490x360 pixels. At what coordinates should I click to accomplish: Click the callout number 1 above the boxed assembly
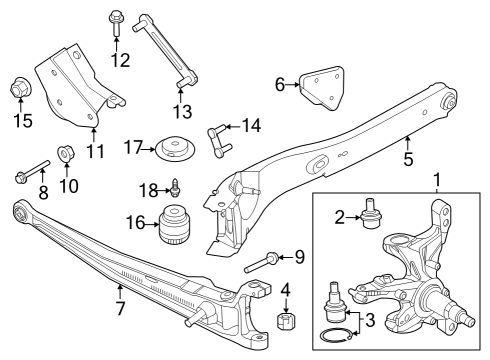point(436,180)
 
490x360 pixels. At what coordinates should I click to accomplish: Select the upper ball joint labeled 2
point(375,212)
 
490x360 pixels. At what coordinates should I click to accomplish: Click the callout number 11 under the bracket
point(95,152)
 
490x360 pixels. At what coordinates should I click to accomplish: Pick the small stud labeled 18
point(174,186)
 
